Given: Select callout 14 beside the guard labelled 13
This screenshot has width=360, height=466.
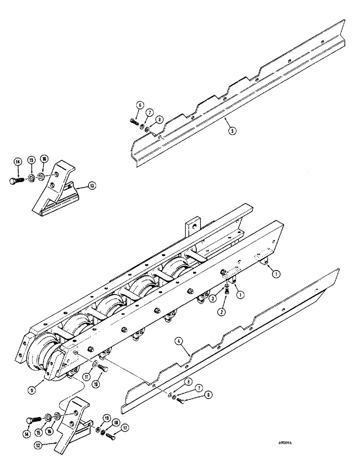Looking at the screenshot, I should (x=17, y=162).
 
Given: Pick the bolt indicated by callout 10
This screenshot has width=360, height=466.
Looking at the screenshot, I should (x=104, y=369).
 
